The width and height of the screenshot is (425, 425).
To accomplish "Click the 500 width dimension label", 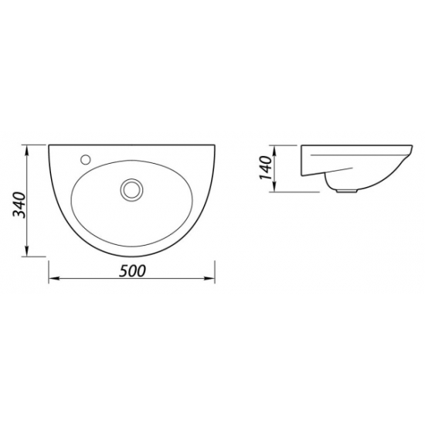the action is [x=132, y=270].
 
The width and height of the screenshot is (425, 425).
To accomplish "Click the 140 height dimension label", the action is [x=266, y=168].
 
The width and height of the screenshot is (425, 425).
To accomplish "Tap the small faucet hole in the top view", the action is [x=86, y=159].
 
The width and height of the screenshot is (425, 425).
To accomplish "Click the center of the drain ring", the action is [x=131, y=190].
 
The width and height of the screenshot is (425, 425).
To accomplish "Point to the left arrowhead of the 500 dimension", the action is [x=54, y=278].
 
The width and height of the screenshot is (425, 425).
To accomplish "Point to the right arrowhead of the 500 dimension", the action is [x=209, y=278].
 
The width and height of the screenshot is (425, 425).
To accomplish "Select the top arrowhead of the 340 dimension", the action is [x=26, y=151].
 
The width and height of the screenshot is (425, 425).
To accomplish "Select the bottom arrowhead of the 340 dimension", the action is [x=26, y=250].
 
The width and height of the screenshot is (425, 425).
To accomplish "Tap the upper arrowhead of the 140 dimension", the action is [x=274, y=151].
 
